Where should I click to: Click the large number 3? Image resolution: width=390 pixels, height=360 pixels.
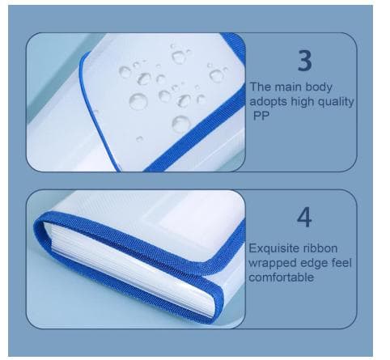pos(305,61)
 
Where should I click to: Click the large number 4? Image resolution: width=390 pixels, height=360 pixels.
pos(304,218)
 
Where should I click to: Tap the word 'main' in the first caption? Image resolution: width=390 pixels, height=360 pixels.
pos(290,87)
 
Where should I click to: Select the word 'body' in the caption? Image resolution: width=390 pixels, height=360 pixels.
pos(321,88)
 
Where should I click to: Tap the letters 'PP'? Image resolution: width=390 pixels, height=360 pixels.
pos(261,116)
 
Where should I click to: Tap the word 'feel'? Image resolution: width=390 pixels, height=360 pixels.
pos(341,263)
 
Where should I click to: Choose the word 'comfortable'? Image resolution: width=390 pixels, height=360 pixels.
pos(282,277)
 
